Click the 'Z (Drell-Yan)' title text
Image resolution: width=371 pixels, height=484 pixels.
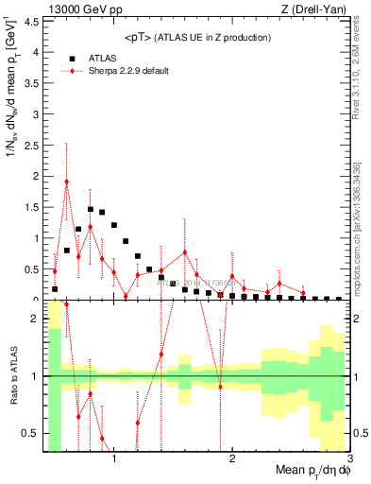point(318,9)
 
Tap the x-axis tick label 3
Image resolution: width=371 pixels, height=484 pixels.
point(348,460)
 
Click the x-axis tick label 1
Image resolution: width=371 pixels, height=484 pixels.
point(114,460)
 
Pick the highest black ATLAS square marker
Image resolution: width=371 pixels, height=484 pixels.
point(91,209)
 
